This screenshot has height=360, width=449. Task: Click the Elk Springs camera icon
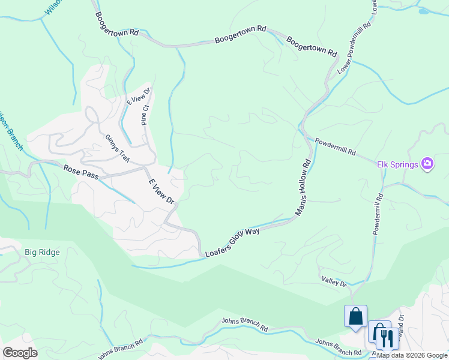(427, 163)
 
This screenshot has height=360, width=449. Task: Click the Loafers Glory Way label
(232, 242)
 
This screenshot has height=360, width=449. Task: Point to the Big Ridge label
(42, 252)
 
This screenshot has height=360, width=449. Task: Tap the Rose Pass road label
(80, 170)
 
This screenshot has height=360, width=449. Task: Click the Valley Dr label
(334, 280)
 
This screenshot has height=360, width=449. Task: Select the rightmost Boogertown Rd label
(312, 47)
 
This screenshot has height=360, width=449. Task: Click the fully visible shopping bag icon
(355, 316)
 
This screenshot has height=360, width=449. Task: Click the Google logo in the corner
(20, 353)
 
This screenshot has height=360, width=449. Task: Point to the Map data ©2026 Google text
(412, 355)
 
